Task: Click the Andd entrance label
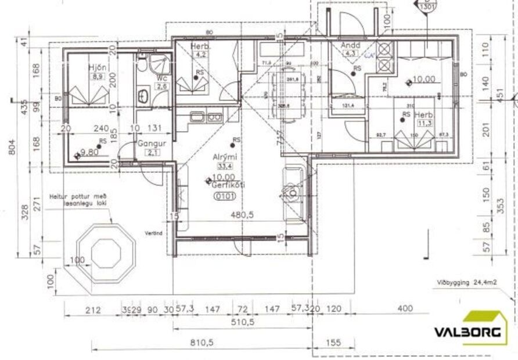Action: pyautogui.click(x=351, y=45)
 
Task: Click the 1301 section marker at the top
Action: pyautogui.click(x=426, y=6)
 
